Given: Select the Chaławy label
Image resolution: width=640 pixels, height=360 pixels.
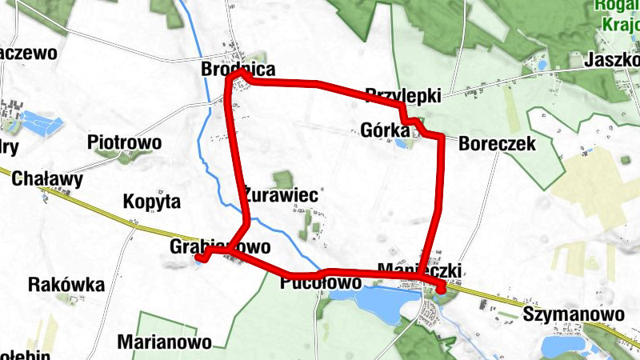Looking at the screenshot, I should click(47, 179).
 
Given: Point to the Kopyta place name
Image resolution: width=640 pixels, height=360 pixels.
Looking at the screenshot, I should click(152, 201).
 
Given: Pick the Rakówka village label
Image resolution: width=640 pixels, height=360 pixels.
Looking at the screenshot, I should click(66, 285).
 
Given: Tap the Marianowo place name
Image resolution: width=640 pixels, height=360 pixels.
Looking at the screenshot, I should click(165, 342).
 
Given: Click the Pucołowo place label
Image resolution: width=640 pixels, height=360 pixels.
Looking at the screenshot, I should click(322, 283).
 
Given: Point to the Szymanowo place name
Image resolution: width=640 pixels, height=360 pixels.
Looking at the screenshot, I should click(574, 314).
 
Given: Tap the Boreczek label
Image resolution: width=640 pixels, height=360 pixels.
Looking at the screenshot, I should click(497, 143).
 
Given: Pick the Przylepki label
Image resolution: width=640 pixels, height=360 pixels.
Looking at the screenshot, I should click(403, 95).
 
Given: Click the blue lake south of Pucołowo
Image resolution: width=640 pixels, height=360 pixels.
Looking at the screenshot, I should click(372, 302).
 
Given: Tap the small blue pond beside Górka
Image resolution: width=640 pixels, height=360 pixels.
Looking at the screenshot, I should click(399, 143).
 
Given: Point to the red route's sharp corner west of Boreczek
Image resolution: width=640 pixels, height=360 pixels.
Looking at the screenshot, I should click(439, 138).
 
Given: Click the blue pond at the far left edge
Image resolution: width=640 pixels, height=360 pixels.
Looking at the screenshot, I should click(41, 122).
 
